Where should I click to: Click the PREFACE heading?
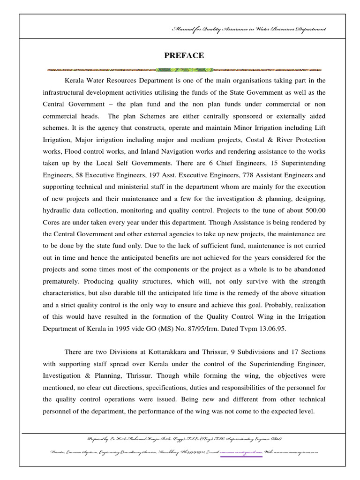tap(184, 56)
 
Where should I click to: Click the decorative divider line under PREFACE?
tap(184, 70)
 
